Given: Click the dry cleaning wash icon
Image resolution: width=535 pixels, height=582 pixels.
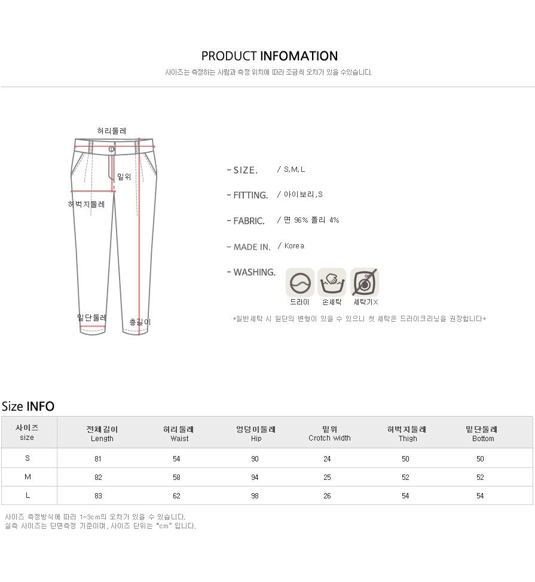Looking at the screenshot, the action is [x=300, y=282].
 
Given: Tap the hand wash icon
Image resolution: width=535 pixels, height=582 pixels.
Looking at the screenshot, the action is [x=332, y=282].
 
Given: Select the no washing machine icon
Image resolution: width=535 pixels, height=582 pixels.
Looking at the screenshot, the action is [x=365, y=282].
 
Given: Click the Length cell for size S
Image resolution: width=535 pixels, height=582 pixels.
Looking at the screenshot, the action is [x=98, y=459].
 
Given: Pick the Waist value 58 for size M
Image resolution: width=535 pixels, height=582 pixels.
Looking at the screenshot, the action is [x=176, y=478].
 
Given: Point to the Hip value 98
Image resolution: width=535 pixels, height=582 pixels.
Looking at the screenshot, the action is [x=255, y=496].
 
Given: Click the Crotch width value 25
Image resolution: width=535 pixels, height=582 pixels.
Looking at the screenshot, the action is [x=327, y=478].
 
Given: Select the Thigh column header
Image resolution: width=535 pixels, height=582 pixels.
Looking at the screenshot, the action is [x=407, y=433].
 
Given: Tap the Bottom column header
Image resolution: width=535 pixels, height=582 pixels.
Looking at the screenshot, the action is [x=482, y=433].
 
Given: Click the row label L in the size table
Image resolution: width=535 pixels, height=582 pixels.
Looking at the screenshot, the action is [x=27, y=495].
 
